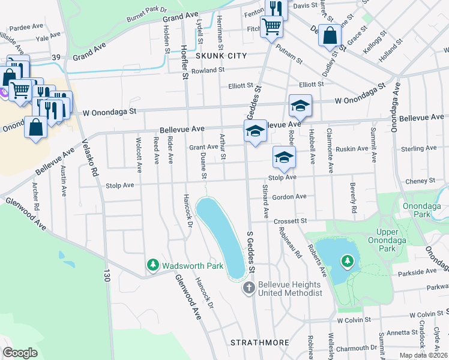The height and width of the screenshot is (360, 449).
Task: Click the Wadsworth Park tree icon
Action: pos(154,265)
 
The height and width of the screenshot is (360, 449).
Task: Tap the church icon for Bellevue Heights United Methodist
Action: pos(249,289)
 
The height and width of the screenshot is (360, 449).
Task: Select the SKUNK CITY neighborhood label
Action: pos(221,55)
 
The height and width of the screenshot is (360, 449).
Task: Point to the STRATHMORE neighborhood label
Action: pos(260,343)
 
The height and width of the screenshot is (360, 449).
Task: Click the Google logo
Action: pos(20,352)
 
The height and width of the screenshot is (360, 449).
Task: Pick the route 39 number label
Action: pos(56,57)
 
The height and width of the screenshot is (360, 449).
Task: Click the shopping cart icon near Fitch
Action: pos(271,26)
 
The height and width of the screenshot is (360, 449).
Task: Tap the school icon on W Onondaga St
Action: pos(300,106)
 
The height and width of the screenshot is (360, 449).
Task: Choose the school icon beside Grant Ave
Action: pos(255,131)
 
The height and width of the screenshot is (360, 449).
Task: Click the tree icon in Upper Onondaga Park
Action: pos(347,261)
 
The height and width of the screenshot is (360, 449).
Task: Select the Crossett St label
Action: pos(290,221)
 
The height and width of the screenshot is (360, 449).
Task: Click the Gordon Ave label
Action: pos(289,196)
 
